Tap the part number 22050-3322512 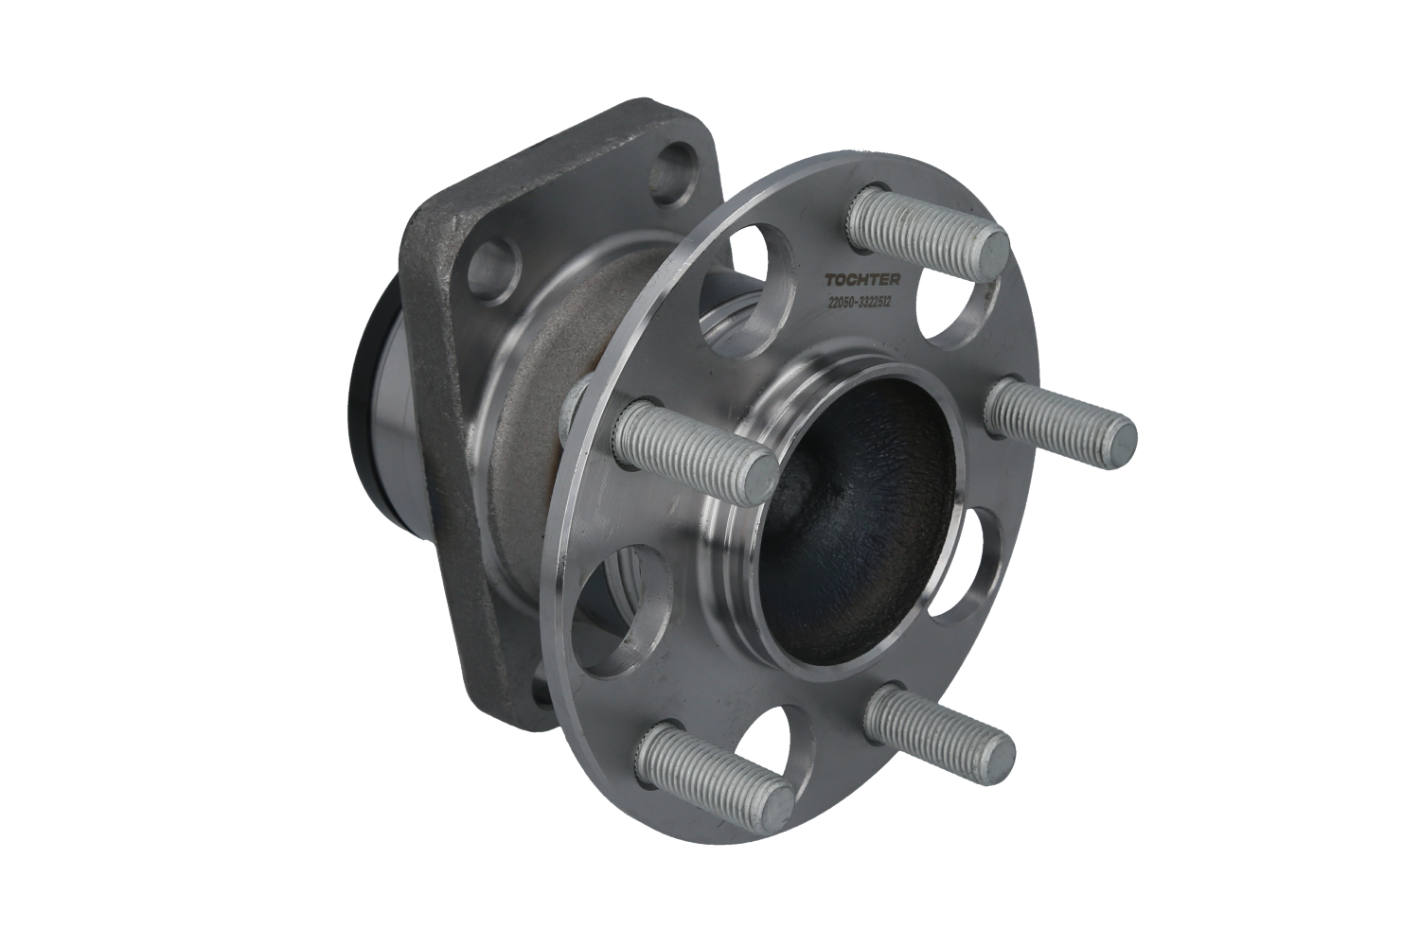pos(860,302)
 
